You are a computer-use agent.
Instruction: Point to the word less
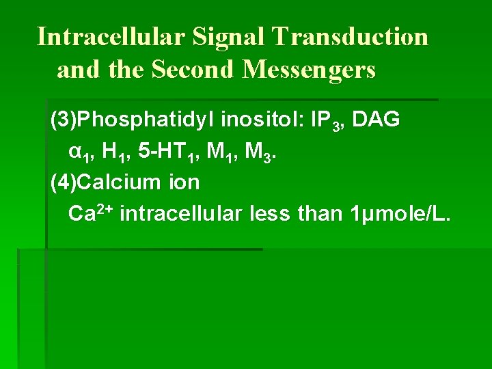[270, 214]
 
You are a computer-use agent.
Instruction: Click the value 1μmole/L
[400, 215]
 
